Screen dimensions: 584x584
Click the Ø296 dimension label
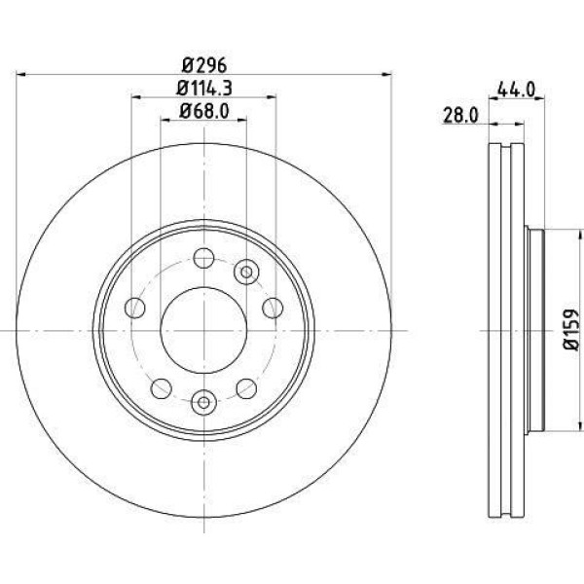[x=204, y=65]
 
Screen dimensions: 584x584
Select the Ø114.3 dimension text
[x=204, y=89]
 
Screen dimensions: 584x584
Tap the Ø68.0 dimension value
[x=204, y=111]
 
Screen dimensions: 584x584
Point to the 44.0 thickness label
[x=516, y=90]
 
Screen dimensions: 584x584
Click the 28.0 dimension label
[x=460, y=116]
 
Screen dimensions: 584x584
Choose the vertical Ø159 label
[x=571, y=329]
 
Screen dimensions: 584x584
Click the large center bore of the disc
[x=203, y=330]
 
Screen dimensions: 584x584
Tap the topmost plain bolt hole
[x=203, y=258]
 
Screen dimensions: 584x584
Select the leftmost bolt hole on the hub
[x=135, y=308]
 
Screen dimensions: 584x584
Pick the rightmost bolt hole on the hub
[x=273, y=308]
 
